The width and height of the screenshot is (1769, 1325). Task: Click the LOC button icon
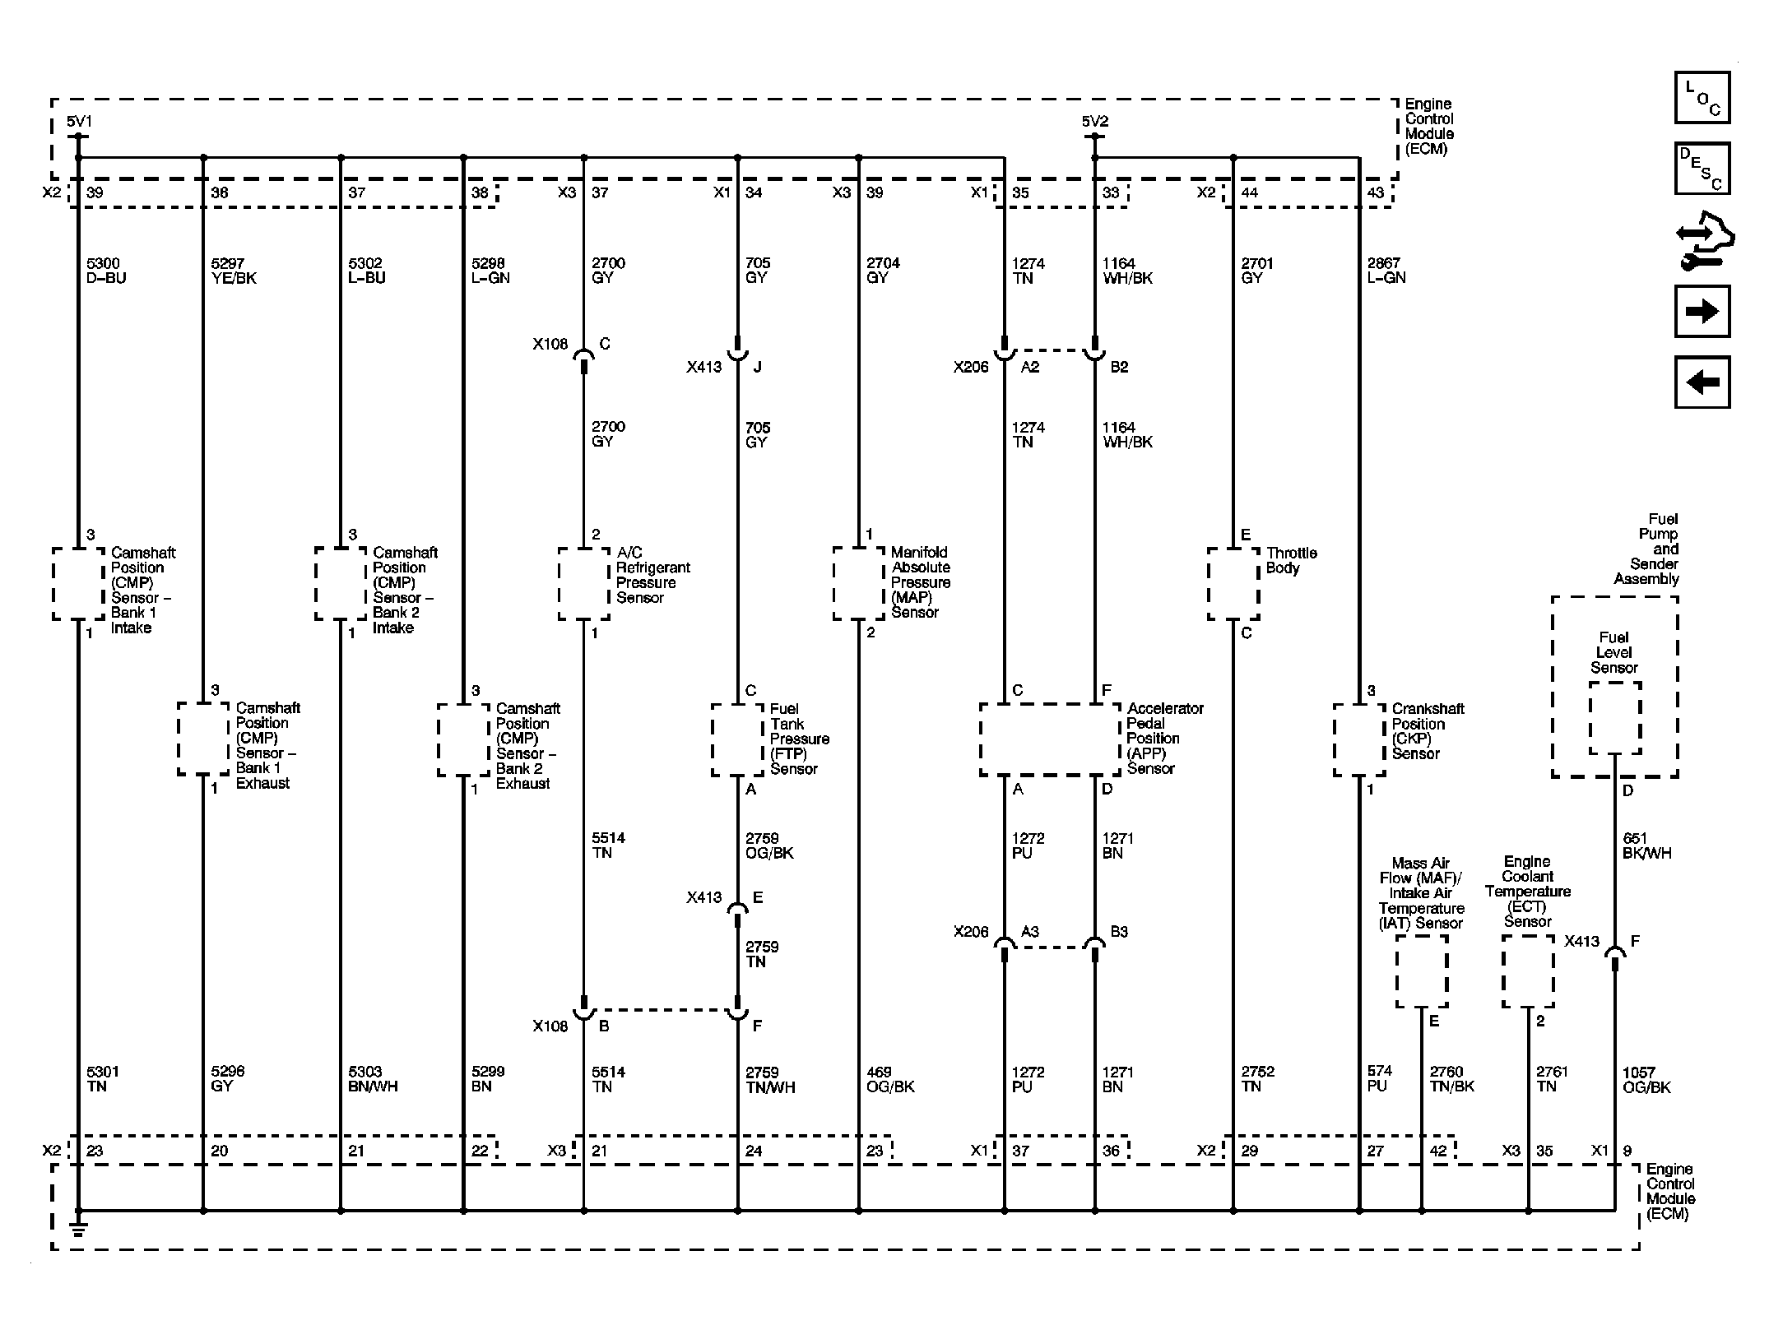[x=1702, y=98]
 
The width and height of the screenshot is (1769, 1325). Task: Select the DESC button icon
[x=1702, y=169]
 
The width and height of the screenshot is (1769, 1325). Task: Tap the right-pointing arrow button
[x=1702, y=311]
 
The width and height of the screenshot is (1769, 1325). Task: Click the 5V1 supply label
[x=79, y=122]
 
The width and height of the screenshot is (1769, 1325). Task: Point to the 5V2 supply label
[x=1095, y=122]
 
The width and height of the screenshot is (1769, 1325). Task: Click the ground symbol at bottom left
[x=79, y=1228]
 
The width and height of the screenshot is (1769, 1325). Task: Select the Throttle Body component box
[x=1233, y=584]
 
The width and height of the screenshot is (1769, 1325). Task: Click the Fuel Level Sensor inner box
[x=1614, y=717]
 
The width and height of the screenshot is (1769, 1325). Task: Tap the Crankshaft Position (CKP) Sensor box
[x=1359, y=739]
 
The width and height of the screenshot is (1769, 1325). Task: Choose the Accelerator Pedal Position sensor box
[x=1050, y=739]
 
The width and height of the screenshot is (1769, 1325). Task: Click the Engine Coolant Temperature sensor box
[x=1528, y=971]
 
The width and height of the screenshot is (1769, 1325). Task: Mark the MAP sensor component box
[x=859, y=584]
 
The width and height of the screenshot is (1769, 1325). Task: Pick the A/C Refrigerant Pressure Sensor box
[x=584, y=584]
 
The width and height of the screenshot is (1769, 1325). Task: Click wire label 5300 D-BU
[x=106, y=271]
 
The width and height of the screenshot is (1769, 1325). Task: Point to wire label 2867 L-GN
[x=1386, y=271]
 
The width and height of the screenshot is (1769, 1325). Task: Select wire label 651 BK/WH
[x=1646, y=845]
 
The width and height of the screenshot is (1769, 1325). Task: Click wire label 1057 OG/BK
[x=1646, y=1079]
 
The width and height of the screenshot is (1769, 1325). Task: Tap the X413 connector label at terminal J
[x=703, y=367]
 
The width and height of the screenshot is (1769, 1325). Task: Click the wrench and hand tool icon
[x=1705, y=241]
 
